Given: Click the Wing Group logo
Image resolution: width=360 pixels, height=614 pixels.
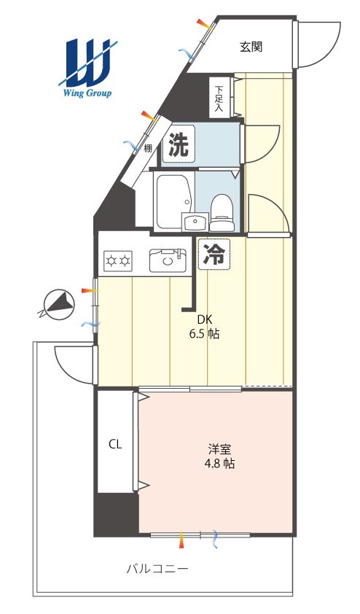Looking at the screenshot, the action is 86,68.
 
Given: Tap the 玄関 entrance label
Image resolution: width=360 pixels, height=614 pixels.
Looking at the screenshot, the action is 251,47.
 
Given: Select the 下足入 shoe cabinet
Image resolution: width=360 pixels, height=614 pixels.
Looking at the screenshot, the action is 219,97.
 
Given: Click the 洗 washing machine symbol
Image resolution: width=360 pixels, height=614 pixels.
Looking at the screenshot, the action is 179,144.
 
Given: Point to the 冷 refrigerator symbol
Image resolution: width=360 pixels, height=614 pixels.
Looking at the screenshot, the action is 214,254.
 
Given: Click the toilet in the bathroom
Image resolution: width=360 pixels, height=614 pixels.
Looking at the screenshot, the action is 222,213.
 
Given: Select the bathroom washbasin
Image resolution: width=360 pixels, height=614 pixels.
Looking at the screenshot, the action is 195,222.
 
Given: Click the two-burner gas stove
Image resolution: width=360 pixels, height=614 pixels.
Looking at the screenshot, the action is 118,260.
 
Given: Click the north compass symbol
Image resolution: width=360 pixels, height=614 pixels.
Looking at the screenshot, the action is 58,304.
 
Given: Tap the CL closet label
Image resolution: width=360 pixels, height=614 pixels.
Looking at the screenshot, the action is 115,444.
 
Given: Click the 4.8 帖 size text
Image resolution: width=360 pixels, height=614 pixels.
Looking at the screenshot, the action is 219,464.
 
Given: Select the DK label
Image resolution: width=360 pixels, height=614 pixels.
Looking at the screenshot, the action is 204,320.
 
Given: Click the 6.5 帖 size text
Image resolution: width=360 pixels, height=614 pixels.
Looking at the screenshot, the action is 204,334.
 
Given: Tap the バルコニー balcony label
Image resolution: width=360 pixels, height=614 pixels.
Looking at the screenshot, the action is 157,569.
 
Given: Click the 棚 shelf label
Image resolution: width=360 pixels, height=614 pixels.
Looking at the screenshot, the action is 147,149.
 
